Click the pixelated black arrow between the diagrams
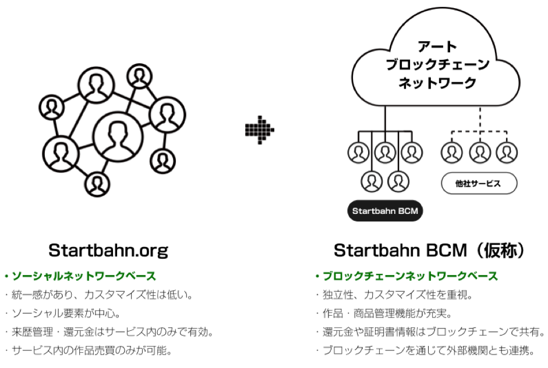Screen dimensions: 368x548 259,128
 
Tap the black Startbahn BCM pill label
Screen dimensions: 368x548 385,211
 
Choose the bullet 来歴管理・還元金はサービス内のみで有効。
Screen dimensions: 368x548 111,332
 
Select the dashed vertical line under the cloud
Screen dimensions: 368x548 479,120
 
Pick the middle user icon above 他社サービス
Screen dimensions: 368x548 480,152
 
